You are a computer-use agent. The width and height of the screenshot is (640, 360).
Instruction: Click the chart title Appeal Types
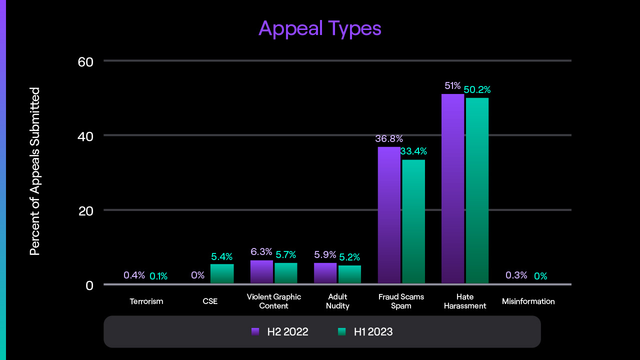(320, 28)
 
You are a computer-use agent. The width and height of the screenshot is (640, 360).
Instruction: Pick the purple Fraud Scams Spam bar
(389, 215)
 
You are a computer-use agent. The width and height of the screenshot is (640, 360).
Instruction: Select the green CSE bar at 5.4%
(222, 274)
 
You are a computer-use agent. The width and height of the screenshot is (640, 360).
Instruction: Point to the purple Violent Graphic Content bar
(261, 272)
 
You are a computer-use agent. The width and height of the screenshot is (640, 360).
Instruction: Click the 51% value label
(452, 86)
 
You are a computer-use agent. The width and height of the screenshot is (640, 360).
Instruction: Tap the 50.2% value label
(477, 90)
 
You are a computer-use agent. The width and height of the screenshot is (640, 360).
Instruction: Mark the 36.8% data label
(389, 138)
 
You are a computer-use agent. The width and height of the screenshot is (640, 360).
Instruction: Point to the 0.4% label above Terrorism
(134, 275)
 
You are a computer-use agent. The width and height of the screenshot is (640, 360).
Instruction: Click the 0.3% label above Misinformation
(516, 275)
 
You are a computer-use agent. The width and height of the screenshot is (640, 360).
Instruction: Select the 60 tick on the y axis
(85, 61)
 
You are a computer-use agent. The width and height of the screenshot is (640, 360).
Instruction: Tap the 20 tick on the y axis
(85, 210)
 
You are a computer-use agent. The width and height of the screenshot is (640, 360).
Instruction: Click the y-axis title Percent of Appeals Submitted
(34, 171)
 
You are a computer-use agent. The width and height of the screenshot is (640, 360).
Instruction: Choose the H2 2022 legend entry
(280, 331)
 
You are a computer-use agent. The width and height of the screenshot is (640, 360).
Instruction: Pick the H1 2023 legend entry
(365, 331)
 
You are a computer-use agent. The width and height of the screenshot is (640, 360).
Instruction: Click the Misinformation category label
(528, 301)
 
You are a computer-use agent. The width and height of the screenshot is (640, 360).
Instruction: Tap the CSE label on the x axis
(210, 301)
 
